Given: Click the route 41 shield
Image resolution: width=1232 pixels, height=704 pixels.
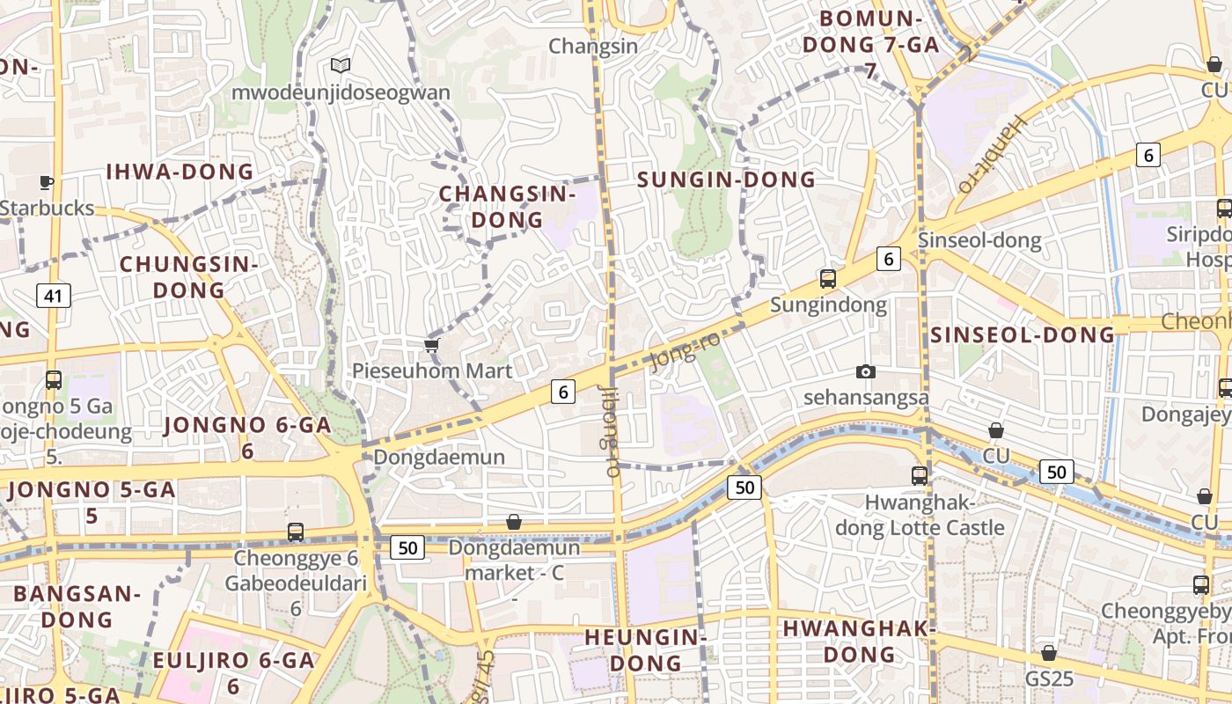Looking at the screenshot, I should tap(54, 296).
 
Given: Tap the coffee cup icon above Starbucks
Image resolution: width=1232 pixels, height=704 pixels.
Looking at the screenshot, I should tap(47, 182).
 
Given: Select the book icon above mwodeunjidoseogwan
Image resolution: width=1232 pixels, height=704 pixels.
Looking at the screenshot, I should tap(341, 65).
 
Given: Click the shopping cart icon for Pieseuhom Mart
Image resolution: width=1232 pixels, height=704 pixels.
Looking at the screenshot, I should tap(431, 345).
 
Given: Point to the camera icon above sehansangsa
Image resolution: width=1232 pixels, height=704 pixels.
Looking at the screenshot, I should tap(866, 371).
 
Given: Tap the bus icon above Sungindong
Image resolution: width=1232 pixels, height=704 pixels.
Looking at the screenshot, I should tap(827, 279).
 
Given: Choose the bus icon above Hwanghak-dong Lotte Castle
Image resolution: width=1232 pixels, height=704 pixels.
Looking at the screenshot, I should tap(920, 475).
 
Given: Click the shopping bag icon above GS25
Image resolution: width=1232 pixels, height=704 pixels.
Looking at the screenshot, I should tap(1048, 653).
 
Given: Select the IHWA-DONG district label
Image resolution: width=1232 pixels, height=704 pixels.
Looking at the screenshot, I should tap(180, 172).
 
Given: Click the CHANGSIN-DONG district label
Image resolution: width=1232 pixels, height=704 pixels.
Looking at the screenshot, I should tap(507, 207).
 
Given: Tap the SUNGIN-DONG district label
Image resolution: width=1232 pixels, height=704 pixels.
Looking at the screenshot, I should tap(726, 180).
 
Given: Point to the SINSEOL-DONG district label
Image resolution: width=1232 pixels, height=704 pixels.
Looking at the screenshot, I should tap(1023, 334).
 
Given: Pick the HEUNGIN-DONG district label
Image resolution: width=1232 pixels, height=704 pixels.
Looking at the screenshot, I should tap(646, 649).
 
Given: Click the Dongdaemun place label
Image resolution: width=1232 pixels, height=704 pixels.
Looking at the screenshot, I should tap(439, 457).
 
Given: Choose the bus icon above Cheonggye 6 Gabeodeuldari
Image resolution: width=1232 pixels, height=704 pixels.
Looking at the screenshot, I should tap(296, 532).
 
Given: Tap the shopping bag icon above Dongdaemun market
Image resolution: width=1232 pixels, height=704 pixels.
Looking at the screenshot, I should tap(514, 522).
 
